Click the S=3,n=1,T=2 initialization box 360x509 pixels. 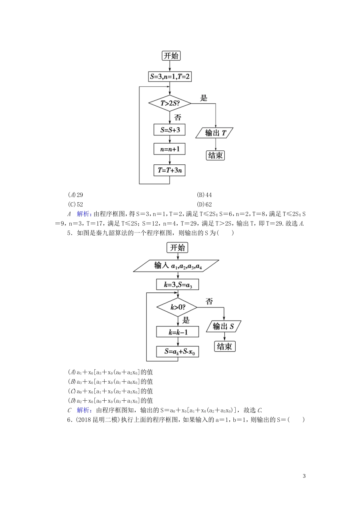[x=169, y=77]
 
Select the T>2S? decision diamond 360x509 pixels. [x=169, y=103]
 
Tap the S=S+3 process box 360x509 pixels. [x=169, y=130]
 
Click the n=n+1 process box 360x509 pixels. [x=169, y=149]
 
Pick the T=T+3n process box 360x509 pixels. [x=169, y=170]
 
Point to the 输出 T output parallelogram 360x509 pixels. [x=215, y=133]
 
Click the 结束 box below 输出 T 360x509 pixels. [x=215, y=155]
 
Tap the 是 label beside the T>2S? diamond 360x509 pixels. [x=204, y=98]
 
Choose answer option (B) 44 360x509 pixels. [x=204, y=195]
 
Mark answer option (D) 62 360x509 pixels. [x=204, y=204]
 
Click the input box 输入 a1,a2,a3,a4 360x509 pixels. [x=176, y=266]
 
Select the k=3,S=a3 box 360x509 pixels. [x=177, y=285]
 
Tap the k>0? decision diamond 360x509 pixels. [x=177, y=307]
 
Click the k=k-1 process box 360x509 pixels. [x=177, y=332]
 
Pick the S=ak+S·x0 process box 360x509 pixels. [x=177, y=351]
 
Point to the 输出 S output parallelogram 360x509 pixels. [x=224, y=326]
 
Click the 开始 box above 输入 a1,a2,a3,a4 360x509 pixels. [x=177, y=248]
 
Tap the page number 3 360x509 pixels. [x=304, y=476]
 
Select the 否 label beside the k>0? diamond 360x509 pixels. [x=209, y=301]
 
